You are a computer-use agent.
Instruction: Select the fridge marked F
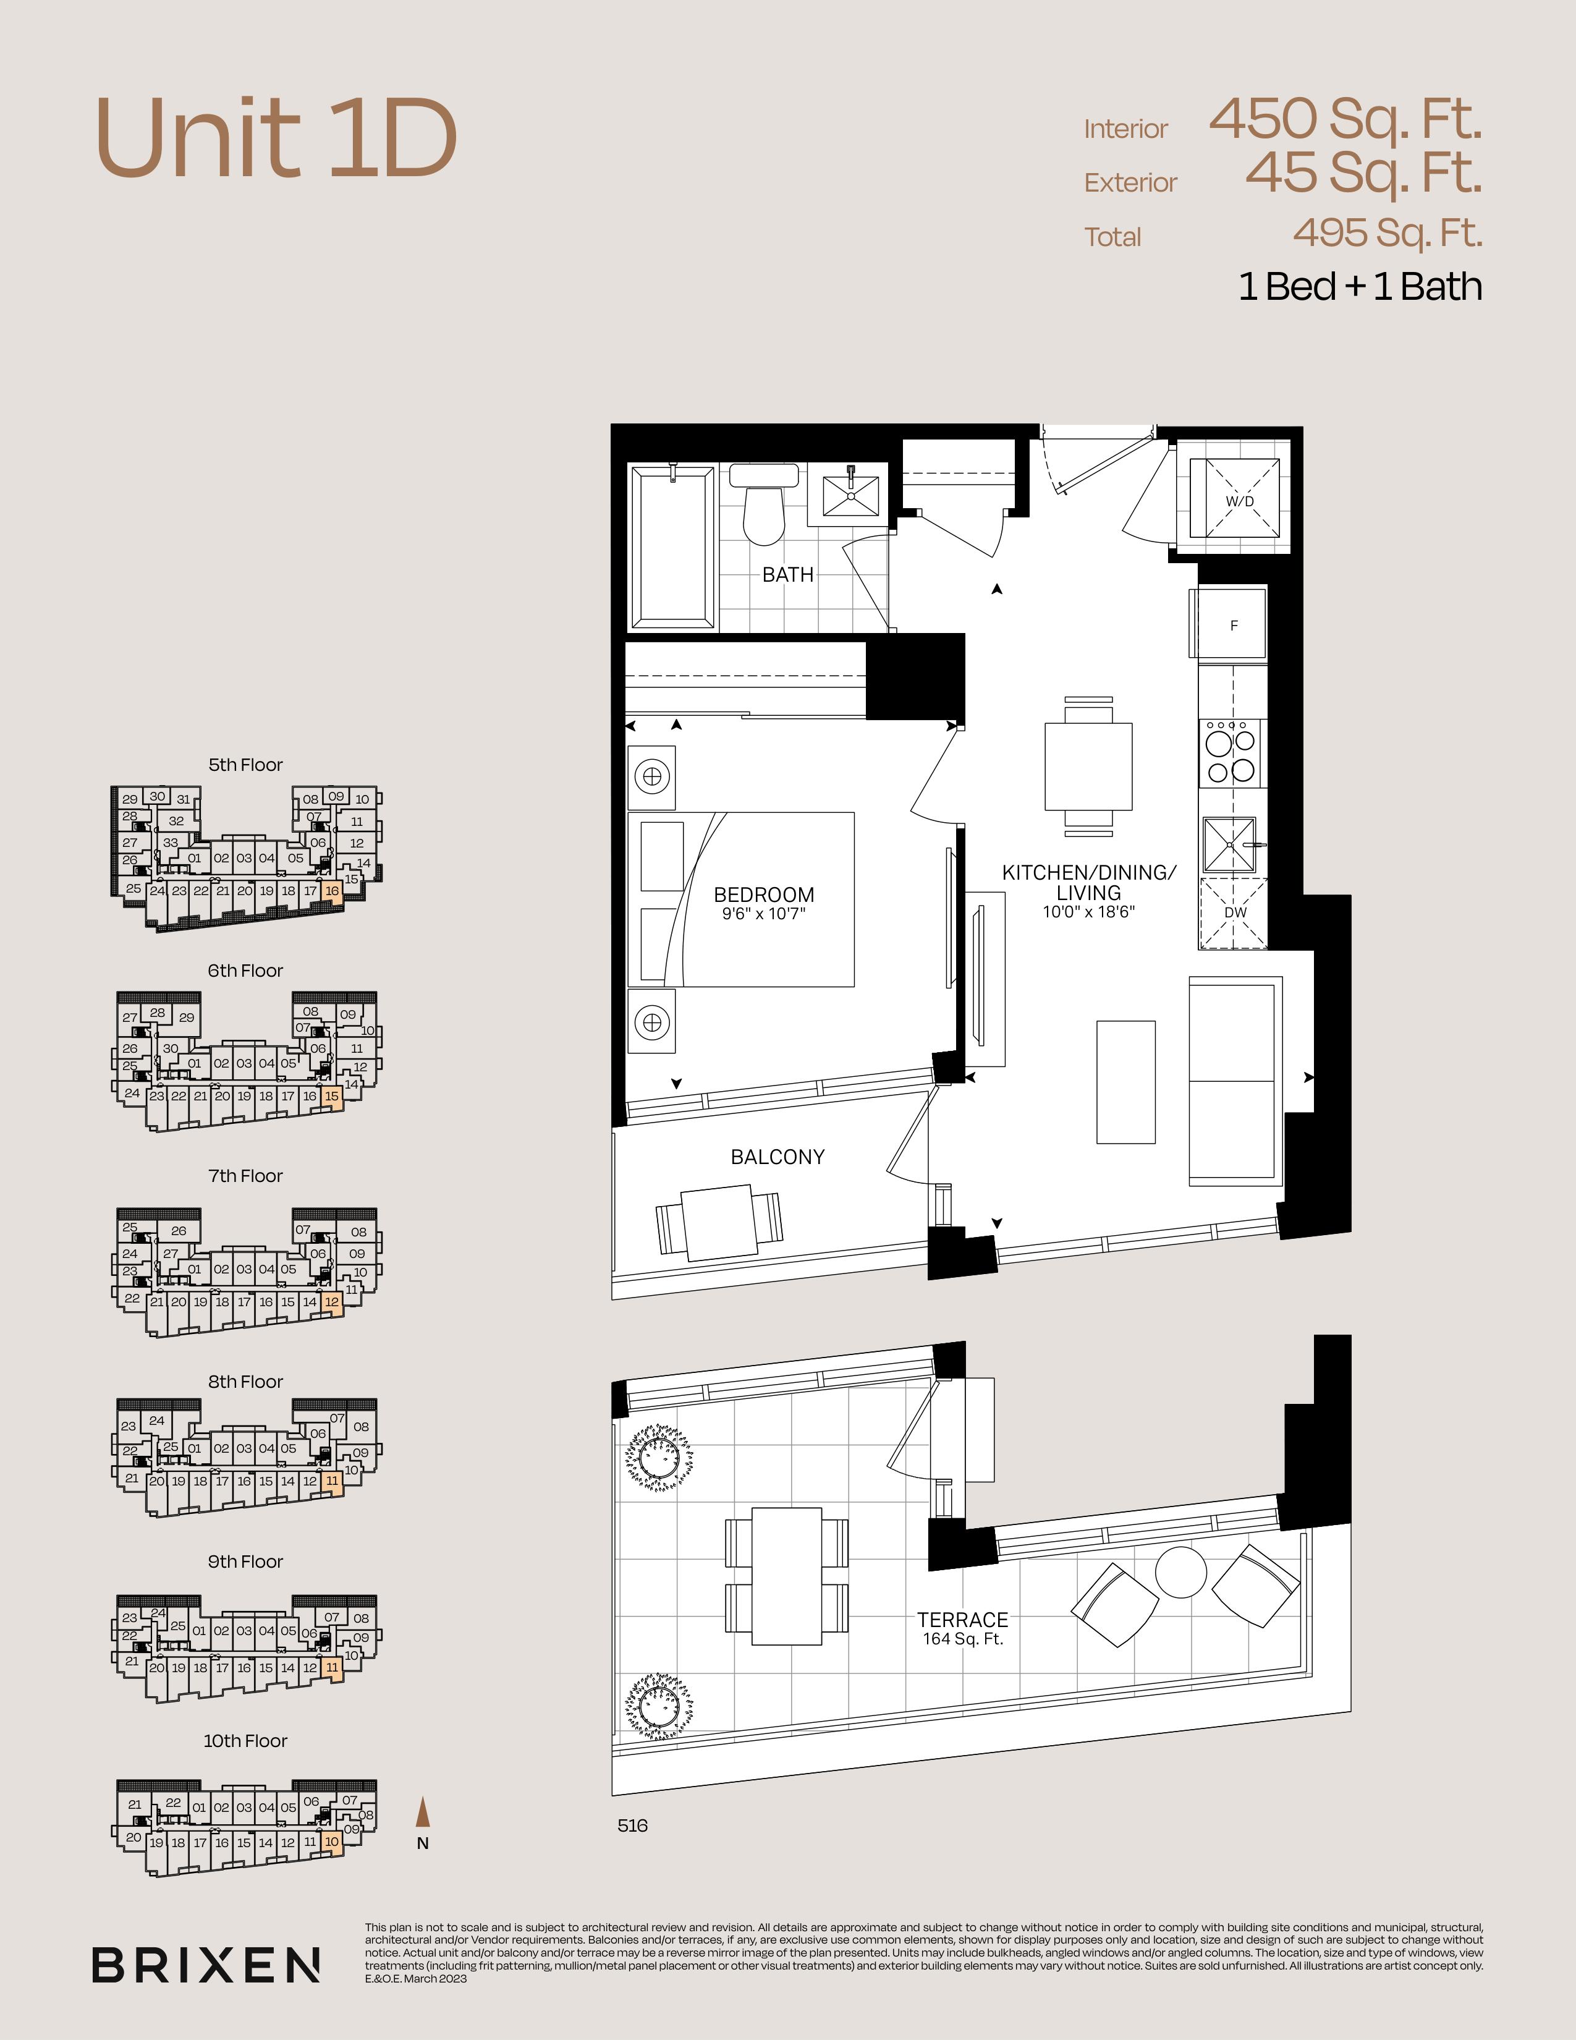click(x=1232, y=624)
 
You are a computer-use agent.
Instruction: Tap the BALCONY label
click(x=777, y=1157)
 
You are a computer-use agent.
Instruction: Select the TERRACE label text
click(x=962, y=1620)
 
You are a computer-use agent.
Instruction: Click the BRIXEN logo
click(x=206, y=1965)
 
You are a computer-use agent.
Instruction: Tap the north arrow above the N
click(x=423, y=1811)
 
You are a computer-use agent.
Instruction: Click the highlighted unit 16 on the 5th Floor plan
click(x=331, y=890)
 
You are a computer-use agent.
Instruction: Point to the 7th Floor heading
click(x=245, y=1176)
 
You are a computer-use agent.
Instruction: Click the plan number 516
click(x=632, y=1825)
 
